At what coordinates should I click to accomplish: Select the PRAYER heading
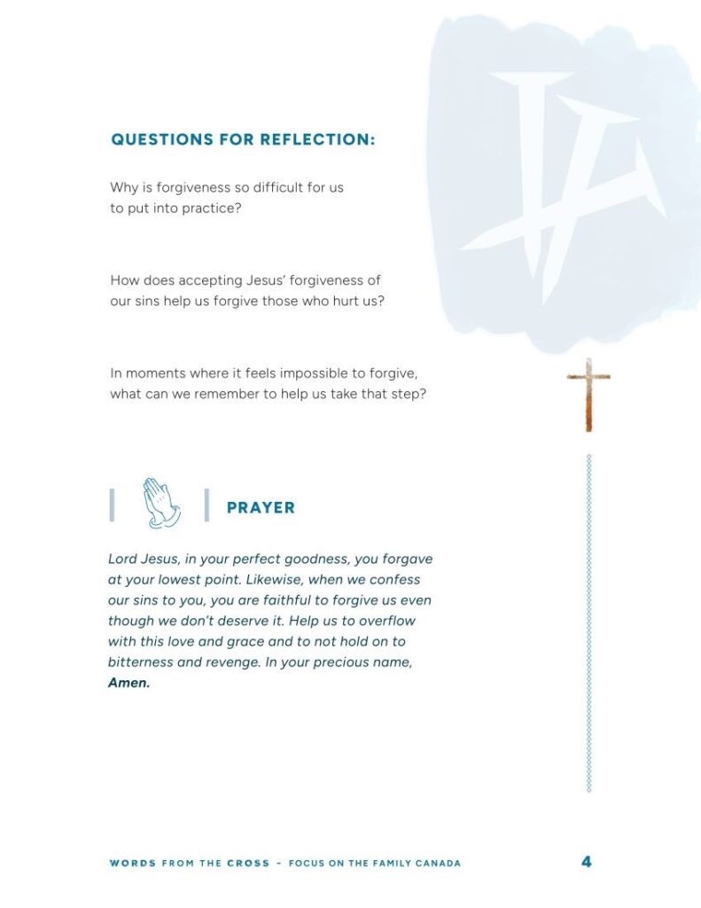[x=261, y=508]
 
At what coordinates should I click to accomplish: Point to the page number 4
[x=587, y=861]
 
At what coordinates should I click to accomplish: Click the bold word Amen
[x=129, y=684]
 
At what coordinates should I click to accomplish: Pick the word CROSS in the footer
[x=248, y=863]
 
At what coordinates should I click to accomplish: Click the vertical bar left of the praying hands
[x=112, y=505]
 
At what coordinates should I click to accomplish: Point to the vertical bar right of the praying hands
[x=206, y=505]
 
